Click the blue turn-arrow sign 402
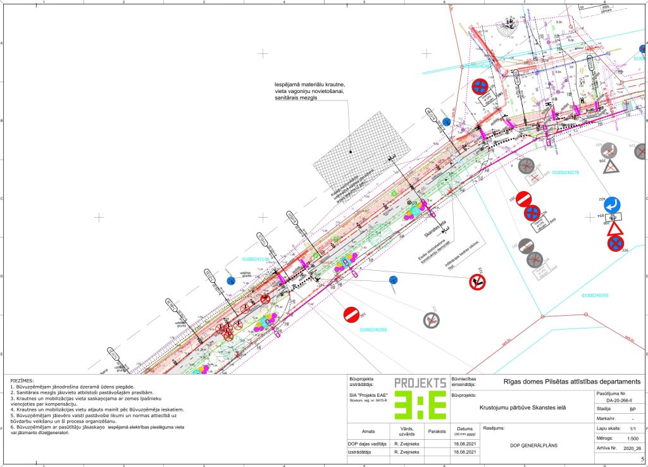point(612,204)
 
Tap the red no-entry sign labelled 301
point(351,313)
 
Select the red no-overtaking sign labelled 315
point(477,282)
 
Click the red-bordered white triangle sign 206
point(617,229)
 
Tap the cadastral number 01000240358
point(373,329)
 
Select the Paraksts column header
point(437,432)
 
